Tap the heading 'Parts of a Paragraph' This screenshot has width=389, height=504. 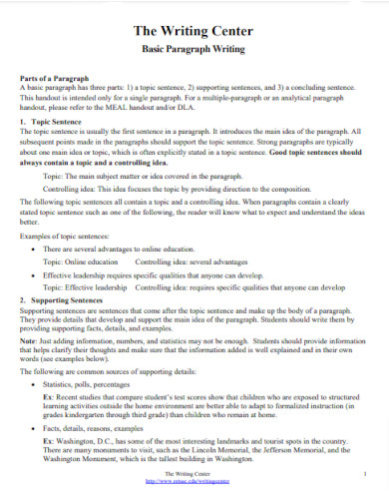(56, 78)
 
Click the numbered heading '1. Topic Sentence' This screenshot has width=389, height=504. (53, 120)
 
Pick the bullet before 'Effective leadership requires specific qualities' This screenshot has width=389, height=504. (36, 273)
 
